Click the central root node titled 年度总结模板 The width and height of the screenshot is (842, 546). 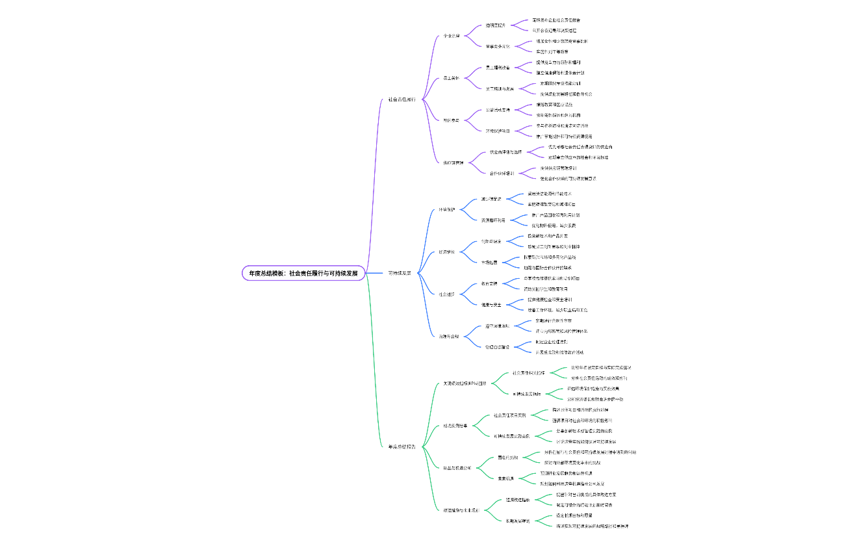303,274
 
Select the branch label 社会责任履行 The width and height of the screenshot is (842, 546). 402,99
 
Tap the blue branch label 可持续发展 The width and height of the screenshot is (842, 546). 400,274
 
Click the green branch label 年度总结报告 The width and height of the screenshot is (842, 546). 402,447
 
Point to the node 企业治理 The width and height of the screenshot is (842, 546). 452,36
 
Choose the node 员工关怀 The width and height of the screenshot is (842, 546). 452,78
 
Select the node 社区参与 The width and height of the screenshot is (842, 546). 452,120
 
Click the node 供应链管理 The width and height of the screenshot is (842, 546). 453,162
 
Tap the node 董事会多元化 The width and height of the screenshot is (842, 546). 498,47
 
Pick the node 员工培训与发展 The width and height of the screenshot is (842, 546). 500,88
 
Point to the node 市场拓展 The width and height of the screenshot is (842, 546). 489,263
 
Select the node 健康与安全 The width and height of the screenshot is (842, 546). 491,305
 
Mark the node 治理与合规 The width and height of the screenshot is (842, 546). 449,336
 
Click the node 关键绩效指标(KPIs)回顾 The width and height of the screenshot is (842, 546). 465,383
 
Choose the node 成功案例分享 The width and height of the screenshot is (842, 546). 455,426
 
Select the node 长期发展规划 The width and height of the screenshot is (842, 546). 518,521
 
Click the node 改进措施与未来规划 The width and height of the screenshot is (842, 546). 461,510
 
